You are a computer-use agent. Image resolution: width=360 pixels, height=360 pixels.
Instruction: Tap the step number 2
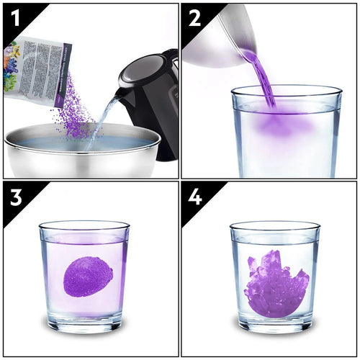pyautogui.click(x=195, y=19)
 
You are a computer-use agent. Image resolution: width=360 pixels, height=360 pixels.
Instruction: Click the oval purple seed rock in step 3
pyautogui.click(x=88, y=276)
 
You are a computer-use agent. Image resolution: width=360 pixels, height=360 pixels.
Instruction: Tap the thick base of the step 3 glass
pyautogui.click(x=84, y=323)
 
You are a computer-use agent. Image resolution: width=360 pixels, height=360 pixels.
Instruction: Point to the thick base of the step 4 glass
pyautogui.click(x=274, y=323)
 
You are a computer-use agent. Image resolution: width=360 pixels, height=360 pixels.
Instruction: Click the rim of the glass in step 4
pyautogui.click(x=274, y=224)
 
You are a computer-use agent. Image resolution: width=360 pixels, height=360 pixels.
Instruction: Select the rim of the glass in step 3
pyautogui.click(x=84, y=224)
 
